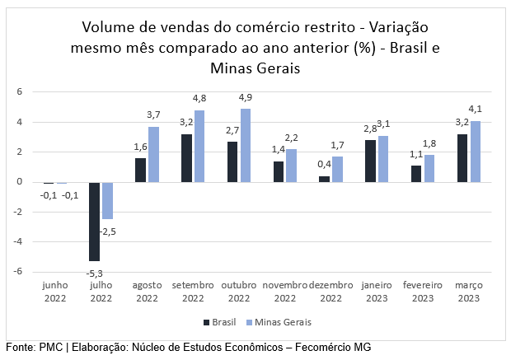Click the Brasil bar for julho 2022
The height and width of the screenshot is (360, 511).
(x=95, y=221)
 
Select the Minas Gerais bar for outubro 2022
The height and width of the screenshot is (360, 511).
(x=246, y=145)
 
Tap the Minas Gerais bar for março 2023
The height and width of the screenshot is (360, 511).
(x=475, y=151)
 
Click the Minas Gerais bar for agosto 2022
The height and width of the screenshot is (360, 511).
(x=153, y=154)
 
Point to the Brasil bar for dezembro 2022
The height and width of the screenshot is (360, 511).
(x=324, y=179)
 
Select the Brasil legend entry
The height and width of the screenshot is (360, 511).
(x=219, y=321)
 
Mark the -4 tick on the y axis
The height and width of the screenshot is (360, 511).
(x=19, y=242)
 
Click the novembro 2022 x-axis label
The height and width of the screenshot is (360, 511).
(x=285, y=291)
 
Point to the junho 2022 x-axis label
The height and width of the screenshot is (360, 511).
(x=56, y=291)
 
